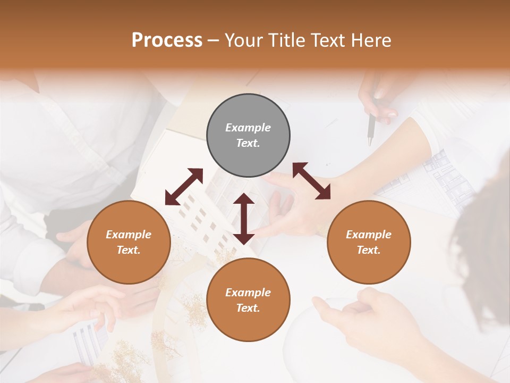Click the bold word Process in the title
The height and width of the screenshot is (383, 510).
point(167,40)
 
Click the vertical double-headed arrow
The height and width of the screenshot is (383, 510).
point(244,219)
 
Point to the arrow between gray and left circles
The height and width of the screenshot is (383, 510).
point(184,187)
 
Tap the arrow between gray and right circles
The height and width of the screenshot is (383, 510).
point(311,181)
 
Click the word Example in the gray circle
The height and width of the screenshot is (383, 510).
point(248,128)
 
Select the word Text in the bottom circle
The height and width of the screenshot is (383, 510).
point(247,308)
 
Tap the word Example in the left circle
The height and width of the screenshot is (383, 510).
point(129,235)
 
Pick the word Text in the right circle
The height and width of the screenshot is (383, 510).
point(368,250)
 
